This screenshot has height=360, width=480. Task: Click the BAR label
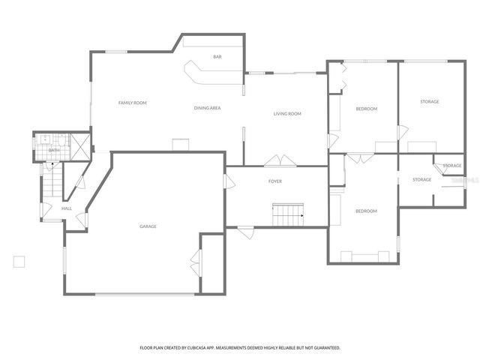[x=217, y=57]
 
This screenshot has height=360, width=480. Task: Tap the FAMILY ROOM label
[x=132, y=102]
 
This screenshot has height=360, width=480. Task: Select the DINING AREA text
[x=207, y=108]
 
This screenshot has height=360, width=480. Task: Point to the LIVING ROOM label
[x=286, y=113]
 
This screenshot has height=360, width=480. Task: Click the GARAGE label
[x=148, y=226]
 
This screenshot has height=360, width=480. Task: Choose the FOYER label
[x=275, y=181]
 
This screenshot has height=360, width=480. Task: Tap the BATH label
[x=53, y=150]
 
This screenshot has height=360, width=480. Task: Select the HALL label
[x=67, y=208]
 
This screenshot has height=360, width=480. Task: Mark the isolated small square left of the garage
[x=19, y=261]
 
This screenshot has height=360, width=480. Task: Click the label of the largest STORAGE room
[x=430, y=101]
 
